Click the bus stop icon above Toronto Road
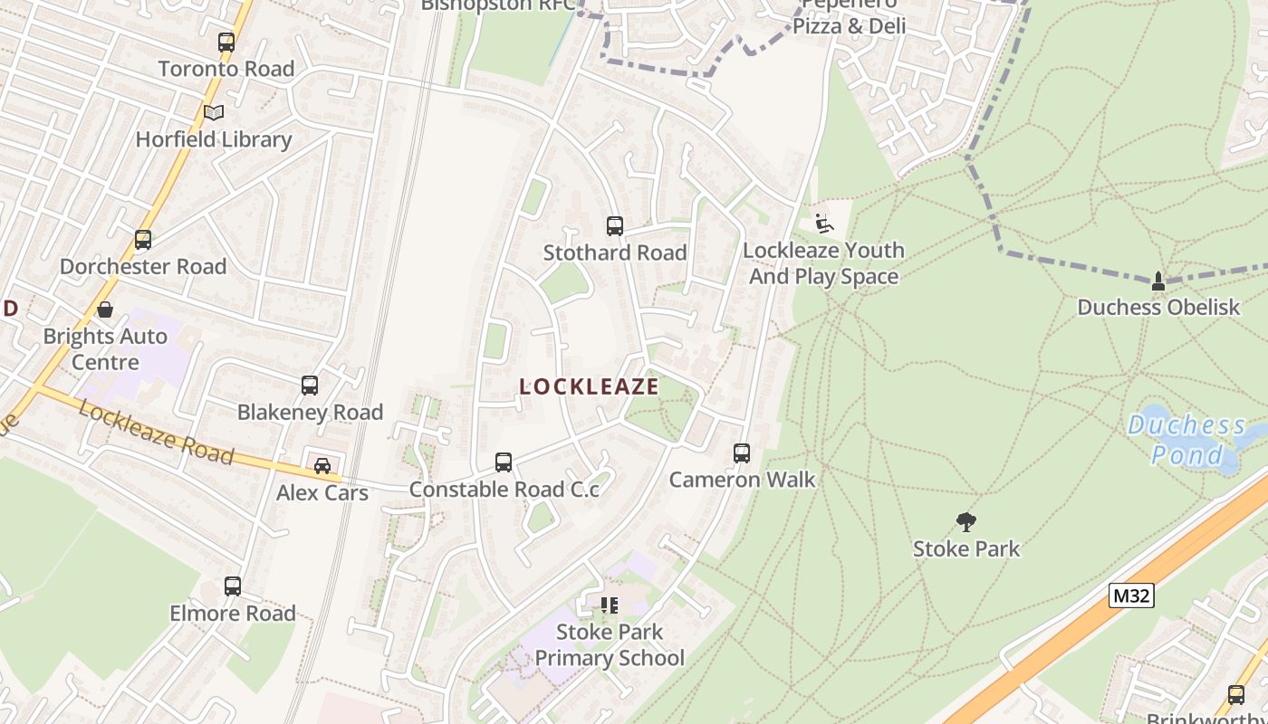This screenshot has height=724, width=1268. tap(226, 43)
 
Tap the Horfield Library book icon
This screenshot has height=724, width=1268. tap(214, 113)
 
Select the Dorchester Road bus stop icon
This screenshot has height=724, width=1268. tap(143, 240)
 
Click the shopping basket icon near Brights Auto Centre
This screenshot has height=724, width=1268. tap(105, 310)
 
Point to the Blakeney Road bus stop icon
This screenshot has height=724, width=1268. tap(310, 386)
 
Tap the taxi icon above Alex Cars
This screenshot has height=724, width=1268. tap(322, 466)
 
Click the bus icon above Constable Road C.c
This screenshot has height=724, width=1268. tap(504, 462)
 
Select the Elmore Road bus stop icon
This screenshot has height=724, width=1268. tap(233, 586)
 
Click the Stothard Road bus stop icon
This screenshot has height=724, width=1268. tap(615, 226)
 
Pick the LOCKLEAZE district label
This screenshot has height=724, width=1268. tap(589, 386)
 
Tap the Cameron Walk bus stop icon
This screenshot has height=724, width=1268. tap(742, 453)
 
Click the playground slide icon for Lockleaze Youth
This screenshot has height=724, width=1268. tap(823, 224)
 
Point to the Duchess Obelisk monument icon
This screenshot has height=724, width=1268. tap(1158, 281)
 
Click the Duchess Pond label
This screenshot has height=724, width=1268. tap(1186, 439)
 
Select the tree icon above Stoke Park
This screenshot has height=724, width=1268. tap(966, 522)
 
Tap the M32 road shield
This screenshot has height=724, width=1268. tap(1131, 595)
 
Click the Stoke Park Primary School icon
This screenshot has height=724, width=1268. tap(610, 605)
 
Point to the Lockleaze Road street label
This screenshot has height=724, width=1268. tap(156, 431)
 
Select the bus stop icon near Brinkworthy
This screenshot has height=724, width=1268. tap(1236, 695)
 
